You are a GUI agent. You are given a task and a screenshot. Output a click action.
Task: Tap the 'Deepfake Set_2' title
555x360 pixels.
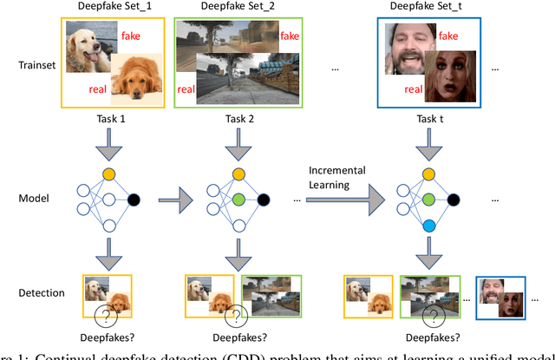coord(230,8)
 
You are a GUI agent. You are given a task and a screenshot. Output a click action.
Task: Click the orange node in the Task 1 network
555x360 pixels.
coord(108,173)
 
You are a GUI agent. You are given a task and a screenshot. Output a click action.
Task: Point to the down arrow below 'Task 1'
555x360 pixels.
coord(108,144)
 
